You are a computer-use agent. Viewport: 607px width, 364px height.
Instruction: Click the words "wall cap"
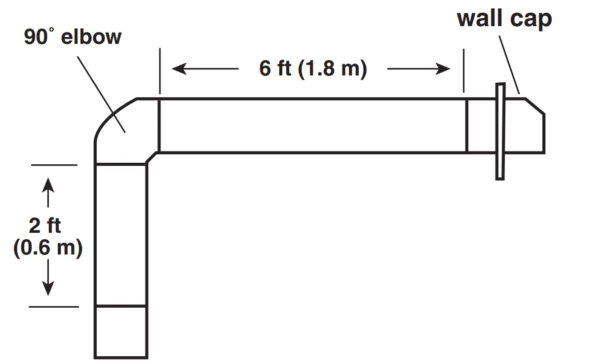tap(504, 19)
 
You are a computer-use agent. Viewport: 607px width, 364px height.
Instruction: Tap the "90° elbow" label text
tap(73, 37)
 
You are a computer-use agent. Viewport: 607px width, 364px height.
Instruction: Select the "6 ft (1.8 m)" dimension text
tap(313, 69)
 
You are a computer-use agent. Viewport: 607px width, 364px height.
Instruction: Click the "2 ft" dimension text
tap(45, 225)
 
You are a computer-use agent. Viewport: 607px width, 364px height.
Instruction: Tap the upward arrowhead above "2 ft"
tap(48, 184)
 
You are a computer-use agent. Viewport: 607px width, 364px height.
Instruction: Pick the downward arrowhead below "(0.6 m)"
tap(48, 289)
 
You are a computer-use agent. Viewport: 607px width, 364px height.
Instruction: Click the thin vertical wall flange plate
tap(500, 131)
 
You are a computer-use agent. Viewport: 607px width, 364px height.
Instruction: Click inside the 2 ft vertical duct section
tap(121, 235)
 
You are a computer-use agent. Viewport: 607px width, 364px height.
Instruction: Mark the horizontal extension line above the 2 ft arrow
tap(54, 165)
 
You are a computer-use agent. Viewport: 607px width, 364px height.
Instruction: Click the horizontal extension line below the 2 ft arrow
tap(54, 307)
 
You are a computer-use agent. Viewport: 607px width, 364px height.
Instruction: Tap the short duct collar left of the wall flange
tap(480, 126)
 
